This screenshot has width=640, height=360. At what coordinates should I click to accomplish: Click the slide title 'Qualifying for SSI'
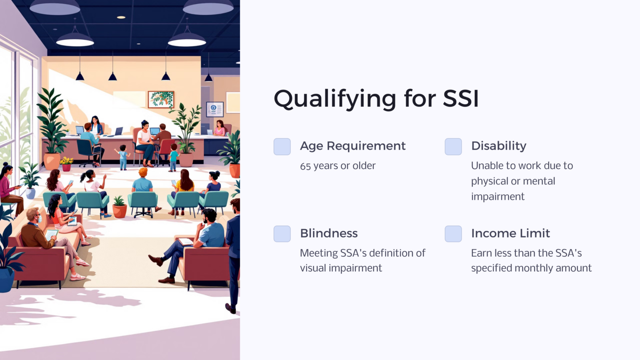376,99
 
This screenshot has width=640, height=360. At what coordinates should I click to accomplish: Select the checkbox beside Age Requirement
282,147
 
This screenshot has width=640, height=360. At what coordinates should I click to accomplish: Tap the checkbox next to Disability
453,147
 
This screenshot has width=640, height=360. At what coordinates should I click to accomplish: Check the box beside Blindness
282,234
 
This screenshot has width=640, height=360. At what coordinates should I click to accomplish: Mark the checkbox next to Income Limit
453,234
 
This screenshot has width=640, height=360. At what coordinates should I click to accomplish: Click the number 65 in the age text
305,166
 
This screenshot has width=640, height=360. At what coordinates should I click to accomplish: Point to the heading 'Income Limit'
510,233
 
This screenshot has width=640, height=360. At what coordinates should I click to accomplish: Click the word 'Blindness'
329,233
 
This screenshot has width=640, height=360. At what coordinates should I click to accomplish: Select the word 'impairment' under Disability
497,197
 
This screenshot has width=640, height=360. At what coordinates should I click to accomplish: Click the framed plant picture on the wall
161,100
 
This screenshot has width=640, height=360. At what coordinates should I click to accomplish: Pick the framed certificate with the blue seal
215,109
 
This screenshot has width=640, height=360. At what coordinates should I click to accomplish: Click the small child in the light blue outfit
123,157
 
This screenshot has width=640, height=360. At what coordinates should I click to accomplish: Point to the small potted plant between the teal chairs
119,206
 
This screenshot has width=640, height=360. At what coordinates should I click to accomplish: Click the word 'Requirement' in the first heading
366,146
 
